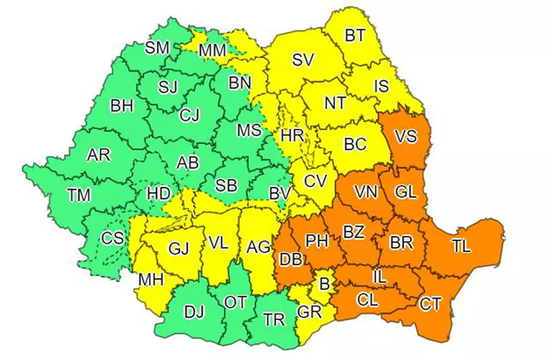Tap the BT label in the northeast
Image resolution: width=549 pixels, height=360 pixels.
point(355,35)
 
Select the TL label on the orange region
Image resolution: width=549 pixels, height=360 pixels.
point(461,247)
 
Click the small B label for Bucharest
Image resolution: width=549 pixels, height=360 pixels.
point(324,284)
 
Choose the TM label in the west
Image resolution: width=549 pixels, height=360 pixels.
point(79,195)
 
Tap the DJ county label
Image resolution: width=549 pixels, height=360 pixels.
point(194,310)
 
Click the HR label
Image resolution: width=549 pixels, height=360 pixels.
point(292,135)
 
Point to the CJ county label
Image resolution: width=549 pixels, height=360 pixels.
point(189,115)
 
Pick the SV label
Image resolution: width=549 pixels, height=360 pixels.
point(303,60)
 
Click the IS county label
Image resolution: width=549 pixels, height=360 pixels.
point(381,86)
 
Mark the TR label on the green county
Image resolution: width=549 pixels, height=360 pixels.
point(274,320)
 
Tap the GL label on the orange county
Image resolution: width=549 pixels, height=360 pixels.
point(405,192)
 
